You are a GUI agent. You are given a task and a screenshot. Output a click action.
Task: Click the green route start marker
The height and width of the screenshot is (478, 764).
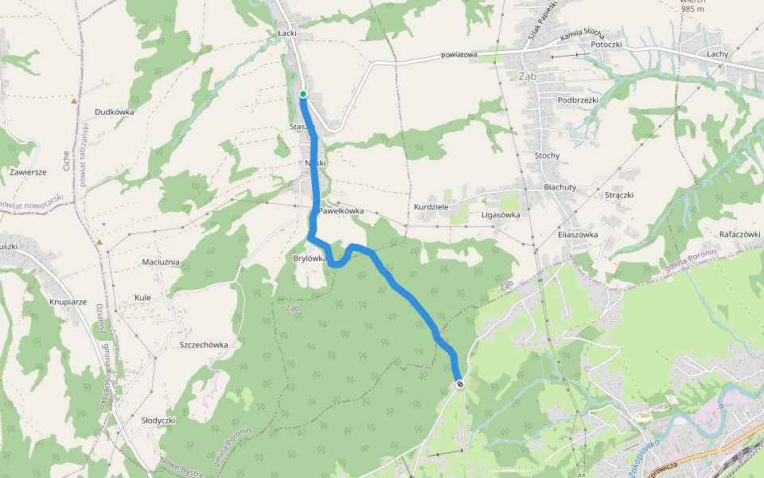(303, 94)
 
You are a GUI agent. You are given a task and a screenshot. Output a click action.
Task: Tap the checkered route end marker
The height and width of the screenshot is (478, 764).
(460, 386)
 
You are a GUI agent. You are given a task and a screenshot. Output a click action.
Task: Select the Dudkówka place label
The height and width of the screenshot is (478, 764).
(114, 112)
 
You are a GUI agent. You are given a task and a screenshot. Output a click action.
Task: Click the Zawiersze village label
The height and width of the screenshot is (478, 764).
(29, 171)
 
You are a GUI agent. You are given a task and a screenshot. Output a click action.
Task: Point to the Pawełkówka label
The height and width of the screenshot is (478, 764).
(341, 211)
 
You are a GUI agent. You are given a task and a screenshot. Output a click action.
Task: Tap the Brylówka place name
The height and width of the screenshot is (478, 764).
(310, 258)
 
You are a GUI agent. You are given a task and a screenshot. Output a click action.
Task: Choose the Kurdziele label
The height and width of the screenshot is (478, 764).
(432, 207)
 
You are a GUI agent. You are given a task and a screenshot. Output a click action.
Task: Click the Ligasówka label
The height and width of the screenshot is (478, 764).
(501, 215)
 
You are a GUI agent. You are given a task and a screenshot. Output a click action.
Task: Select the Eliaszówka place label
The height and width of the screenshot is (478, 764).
(578, 234)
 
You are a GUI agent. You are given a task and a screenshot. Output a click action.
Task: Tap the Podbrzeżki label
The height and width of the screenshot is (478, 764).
(578, 100)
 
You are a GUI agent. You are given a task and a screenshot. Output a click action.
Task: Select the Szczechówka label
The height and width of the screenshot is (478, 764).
(205, 345)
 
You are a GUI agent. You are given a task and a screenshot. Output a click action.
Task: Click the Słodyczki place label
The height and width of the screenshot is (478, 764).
(158, 420)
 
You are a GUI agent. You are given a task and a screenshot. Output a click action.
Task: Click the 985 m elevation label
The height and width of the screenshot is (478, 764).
(692, 9)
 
